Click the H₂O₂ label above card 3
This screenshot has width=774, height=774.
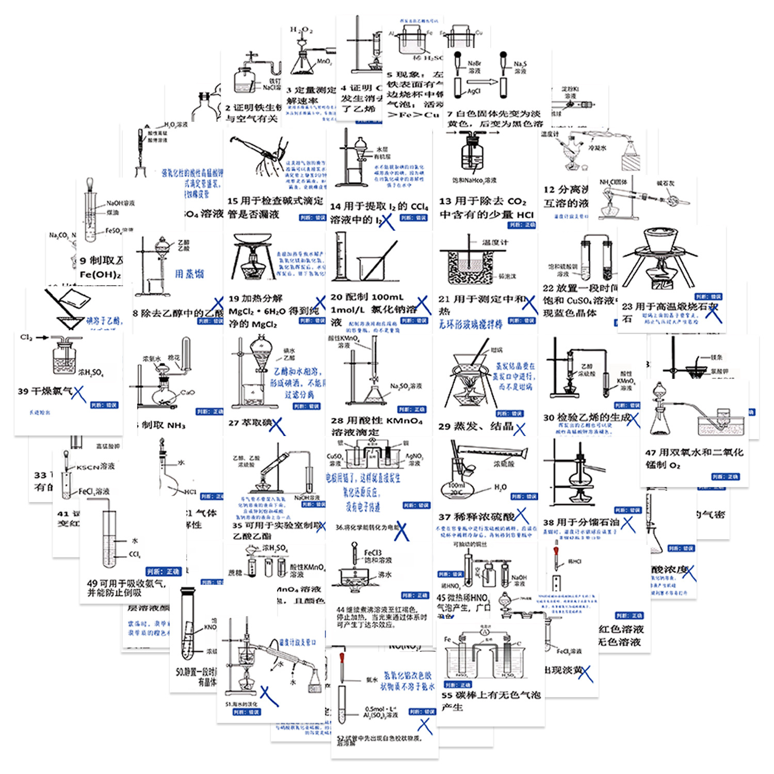click(x=301, y=30)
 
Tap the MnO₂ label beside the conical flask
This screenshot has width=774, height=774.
click(x=324, y=62)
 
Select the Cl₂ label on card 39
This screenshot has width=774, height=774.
click(x=26, y=337)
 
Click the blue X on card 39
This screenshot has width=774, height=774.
click(x=78, y=394)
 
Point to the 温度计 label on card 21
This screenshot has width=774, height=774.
click(x=495, y=242)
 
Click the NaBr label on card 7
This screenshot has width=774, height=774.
click(x=474, y=63)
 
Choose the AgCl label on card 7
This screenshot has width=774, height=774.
click(x=474, y=91)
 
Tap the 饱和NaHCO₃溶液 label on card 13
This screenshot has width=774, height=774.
click(x=474, y=181)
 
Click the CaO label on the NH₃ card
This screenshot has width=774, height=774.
click(x=187, y=393)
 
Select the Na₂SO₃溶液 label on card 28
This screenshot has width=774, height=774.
click(x=406, y=386)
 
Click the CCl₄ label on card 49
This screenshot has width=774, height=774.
click(x=134, y=555)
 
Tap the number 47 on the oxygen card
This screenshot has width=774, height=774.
click(x=650, y=453)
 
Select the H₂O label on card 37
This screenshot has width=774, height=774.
click(x=500, y=487)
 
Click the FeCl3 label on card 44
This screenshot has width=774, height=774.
click(x=373, y=553)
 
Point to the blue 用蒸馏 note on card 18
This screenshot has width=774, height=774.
click(x=189, y=273)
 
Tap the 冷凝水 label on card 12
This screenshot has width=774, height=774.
click(x=598, y=148)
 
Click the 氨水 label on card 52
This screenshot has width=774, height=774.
click(x=372, y=680)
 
